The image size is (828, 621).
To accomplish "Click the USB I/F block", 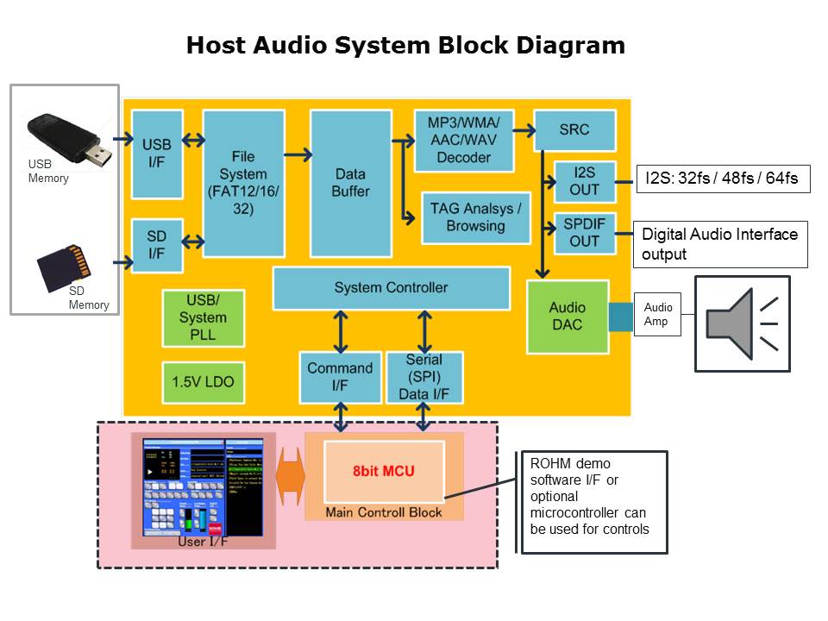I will coord(157,154).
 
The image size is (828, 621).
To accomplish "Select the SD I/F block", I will coord(157,245).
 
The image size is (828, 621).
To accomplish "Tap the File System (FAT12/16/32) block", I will coord(243,183).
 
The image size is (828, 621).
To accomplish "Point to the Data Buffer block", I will coord(350,183).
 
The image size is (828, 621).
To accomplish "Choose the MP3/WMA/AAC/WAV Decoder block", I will coord(464,140).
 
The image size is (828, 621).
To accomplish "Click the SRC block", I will coord(574,129).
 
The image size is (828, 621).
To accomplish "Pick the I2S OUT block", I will coord(584,180).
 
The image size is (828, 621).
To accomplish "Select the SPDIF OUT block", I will coord(584,233).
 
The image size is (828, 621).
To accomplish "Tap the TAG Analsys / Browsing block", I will coord(475,217).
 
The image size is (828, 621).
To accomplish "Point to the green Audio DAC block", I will coord(567,316).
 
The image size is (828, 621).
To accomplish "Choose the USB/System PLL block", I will coord(204,317).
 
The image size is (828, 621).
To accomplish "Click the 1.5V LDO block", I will coord(204,381).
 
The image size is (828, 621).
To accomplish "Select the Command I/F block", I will coord(340,377).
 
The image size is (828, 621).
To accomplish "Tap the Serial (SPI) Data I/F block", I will coord(424,377).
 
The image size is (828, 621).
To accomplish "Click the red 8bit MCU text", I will coord(384,472).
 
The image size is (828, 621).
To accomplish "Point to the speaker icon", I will coord(742,323).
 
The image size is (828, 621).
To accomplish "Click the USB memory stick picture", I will coord(69,138).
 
